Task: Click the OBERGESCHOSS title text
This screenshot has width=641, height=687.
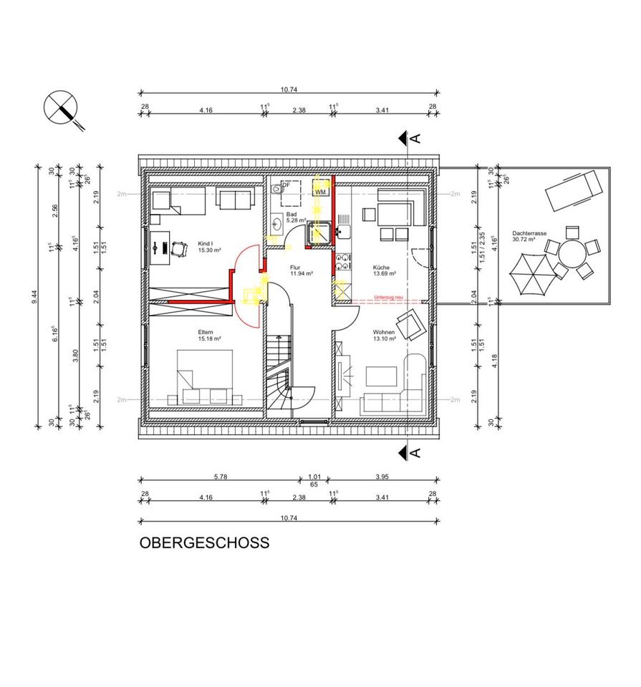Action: tap(204, 542)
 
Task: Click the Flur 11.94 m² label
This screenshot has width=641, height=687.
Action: tap(298, 270)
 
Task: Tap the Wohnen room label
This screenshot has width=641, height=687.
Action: tap(383, 335)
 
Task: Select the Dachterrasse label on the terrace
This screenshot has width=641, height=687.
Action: tap(529, 236)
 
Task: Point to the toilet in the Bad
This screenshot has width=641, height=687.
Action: tap(276, 190)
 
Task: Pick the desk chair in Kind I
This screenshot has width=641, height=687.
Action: tap(176, 248)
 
